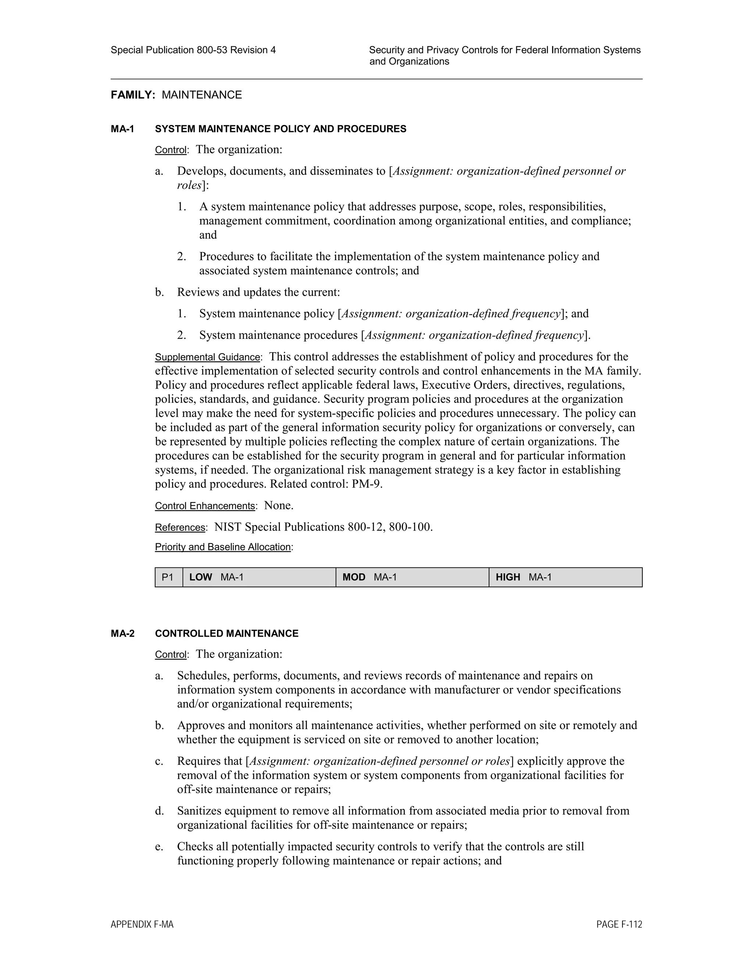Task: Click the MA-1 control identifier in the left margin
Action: [122, 129]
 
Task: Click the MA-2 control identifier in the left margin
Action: [122, 634]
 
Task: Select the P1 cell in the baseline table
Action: [168, 577]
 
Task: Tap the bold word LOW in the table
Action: [200, 577]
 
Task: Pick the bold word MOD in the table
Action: [354, 577]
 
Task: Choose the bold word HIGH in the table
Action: [508, 577]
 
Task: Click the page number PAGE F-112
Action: [619, 924]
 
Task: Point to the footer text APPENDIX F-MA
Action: [142, 924]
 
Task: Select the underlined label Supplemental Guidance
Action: [207, 357]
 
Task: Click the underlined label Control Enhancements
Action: [205, 506]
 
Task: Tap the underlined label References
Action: [180, 527]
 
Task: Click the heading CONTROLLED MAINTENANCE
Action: [226, 634]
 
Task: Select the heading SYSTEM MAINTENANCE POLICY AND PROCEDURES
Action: [281, 129]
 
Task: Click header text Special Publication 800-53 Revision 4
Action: [193, 50]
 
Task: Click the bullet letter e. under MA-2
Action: [159, 847]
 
